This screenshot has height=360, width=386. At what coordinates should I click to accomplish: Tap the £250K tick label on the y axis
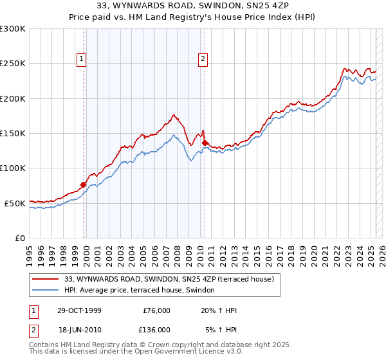(x=13, y=64)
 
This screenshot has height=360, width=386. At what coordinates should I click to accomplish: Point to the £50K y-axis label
(x=15, y=203)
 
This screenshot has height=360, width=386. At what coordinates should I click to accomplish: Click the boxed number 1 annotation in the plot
(x=82, y=60)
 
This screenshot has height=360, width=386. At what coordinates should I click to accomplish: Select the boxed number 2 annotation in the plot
(x=203, y=60)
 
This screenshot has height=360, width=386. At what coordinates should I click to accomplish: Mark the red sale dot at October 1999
(x=84, y=184)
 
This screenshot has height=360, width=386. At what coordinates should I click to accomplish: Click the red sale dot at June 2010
(x=205, y=143)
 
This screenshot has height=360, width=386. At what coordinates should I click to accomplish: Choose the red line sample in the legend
(x=46, y=279)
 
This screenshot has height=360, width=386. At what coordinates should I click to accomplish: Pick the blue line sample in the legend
(x=46, y=290)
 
